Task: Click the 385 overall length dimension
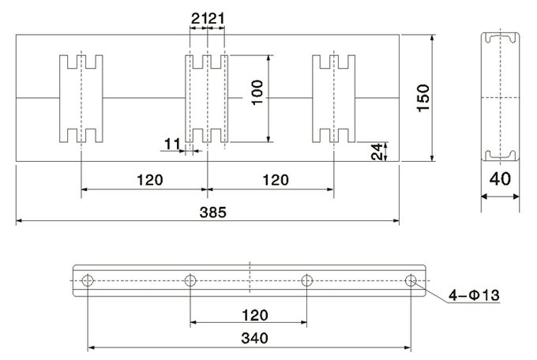click(x=213, y=212)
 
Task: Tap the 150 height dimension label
click(x=423, y=98)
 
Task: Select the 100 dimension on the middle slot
click(x=257, y=92)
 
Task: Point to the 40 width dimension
click(x=500, y=178)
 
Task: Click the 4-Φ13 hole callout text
click(x=474, y=295)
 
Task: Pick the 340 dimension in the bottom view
click(x=254, y=338)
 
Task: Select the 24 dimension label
click(x=377, y=152)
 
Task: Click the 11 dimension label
click(x=172, y=144)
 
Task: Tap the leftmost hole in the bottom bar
click(x=88, y=280)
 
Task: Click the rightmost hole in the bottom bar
click(x=411, y=280)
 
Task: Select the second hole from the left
click(x=190, y=280)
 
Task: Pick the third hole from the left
click(x=307, y=280)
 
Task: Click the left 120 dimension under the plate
click(x=150, y=180)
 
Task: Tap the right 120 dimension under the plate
click(x=276, y=180)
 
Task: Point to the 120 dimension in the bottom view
click(x=255, y=315)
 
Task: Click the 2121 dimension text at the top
click(x=208, y=18)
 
